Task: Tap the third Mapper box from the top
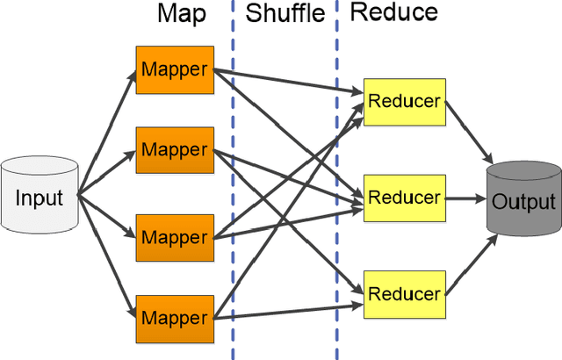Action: [x=176, y=236]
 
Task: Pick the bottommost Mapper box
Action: [x=176, y=316]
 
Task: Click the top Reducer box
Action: [x=404, y=100]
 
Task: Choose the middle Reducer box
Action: [x=404, y=198]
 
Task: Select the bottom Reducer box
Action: [x=404, y=292]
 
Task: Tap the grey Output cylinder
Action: [x=523, y=201]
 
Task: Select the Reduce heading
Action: [x=393, y=13]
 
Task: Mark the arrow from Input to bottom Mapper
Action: [x=105, y=254]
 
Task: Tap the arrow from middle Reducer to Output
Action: [x=465, y=198]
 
